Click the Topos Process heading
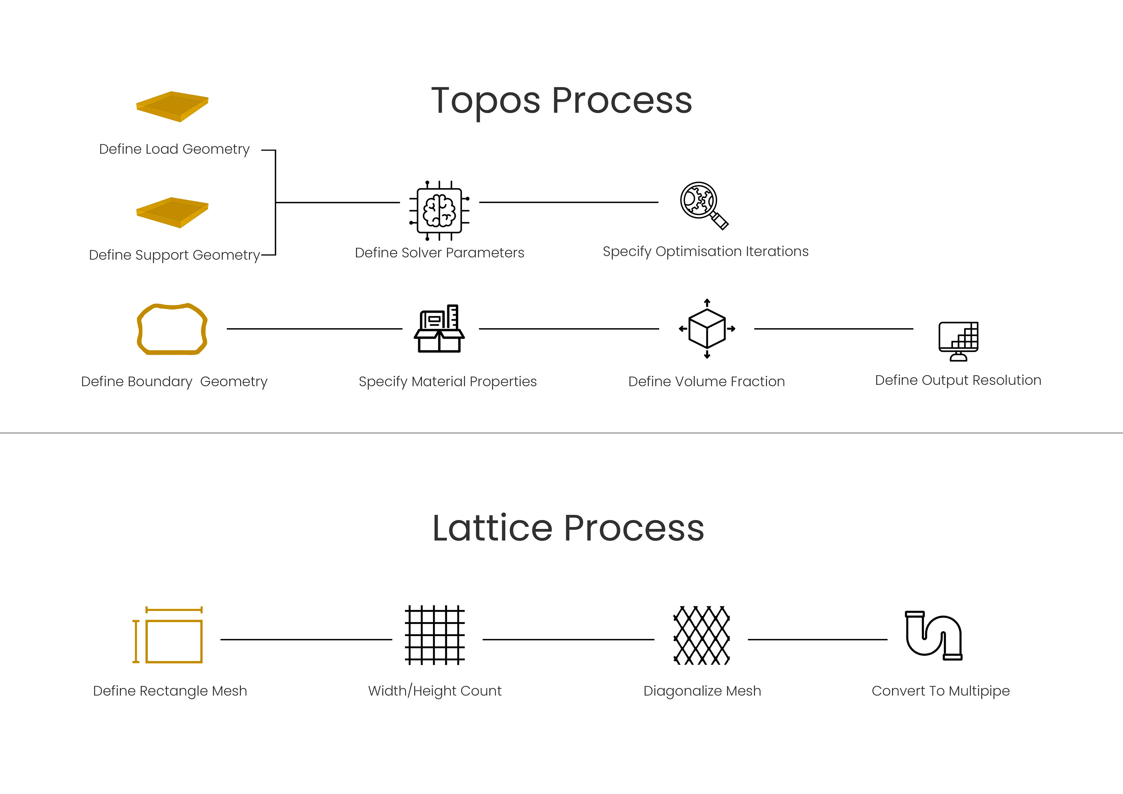click(561, 100)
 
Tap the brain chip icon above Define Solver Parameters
click(439, 210)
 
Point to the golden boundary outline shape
click(172, 329)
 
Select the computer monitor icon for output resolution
click(958, 341)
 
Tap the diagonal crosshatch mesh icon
click(701, 635)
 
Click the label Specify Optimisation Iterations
click(705, 252)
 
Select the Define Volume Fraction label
click(706, 382)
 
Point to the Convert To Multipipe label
click(940, 691)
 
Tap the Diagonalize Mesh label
click(702, 691)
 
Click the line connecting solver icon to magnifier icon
click(568, 202)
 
